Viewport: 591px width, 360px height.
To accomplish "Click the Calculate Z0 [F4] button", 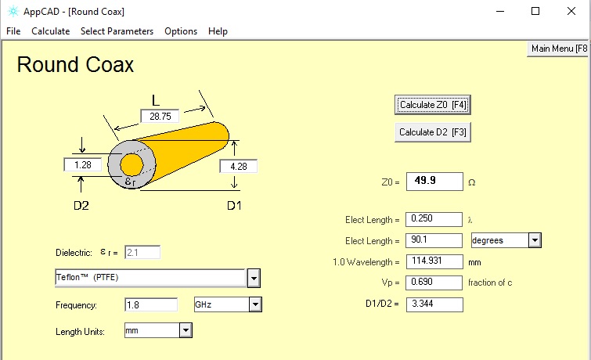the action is click(433, 105).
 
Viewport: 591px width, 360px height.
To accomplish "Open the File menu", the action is click(13, 31).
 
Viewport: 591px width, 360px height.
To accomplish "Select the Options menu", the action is click(181, 31).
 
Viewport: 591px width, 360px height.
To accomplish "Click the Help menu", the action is click(218, 31).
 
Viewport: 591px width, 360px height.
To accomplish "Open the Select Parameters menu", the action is click(117, 31).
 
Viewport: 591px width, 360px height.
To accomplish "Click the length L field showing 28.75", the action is click(160, 116).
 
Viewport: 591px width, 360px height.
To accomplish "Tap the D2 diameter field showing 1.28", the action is click(83, 164).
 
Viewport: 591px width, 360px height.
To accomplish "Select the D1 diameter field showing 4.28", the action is click(239, 166).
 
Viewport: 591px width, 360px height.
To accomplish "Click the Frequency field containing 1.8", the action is click(151, 304).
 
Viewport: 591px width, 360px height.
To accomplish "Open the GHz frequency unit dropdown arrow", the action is click(255, 304).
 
